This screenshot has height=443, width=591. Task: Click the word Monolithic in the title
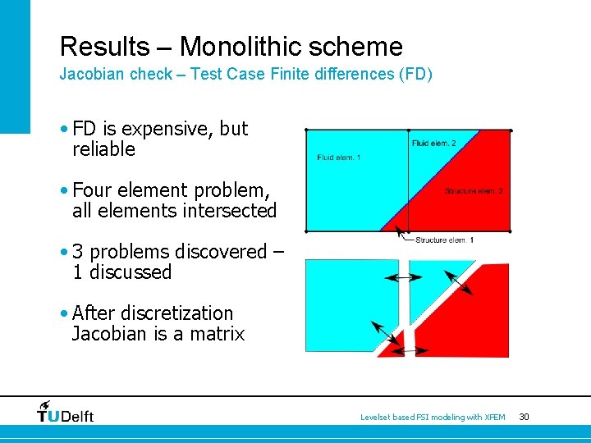coord(239,46)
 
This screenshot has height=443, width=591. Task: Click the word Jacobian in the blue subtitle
coord(88,74)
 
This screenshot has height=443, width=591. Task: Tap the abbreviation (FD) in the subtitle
coord(415,74)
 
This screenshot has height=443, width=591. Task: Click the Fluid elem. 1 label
coord(338,158)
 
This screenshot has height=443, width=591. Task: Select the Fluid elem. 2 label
coord(434,144)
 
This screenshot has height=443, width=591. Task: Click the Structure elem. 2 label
coord(474,191)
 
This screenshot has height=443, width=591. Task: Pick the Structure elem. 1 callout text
coord(444,240)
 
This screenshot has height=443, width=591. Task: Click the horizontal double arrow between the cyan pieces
coord(403,278)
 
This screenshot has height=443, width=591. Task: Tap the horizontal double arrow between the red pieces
coord(408,351)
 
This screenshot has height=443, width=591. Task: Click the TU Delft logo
coord(66,412)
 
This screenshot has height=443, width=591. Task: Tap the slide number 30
coord(524,418)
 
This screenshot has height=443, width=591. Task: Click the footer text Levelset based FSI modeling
coord(433,418)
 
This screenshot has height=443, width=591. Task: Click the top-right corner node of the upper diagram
coord(511,130)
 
